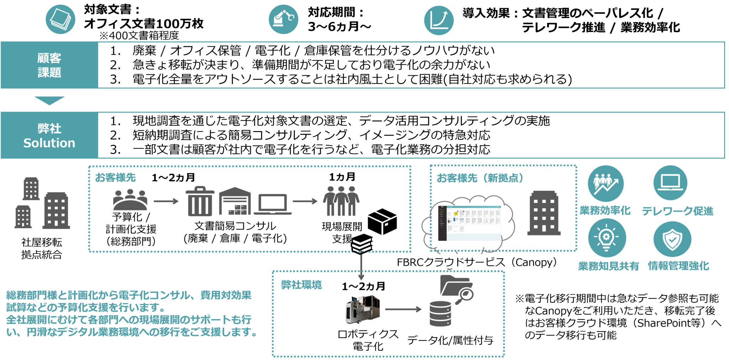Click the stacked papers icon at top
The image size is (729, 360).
click(60, 19)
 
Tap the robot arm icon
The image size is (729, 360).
click(283, 19)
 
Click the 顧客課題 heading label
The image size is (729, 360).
click(49, 65)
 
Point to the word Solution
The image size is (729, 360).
click(49, 143)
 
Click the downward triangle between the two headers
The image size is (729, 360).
click(49, 100)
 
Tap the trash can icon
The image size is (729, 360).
click(200, 201)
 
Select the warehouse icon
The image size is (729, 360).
click(235, 201)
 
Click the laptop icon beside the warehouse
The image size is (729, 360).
click(273, 204)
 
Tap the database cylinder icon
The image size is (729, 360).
click(440, 313)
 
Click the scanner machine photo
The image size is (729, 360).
click(362, 308)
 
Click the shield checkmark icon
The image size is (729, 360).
click(672, 239)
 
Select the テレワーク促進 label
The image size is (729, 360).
click(678, 211)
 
